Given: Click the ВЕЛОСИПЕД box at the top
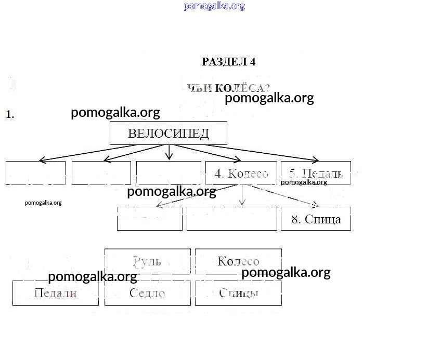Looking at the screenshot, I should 168,133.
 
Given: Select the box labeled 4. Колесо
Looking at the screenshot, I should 241,174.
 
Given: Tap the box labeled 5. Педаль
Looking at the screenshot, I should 316,174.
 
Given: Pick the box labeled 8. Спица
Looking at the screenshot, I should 316,219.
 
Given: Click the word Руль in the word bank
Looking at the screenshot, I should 148,261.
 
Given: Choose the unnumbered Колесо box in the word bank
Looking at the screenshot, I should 238,261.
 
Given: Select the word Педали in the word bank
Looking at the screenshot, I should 55,293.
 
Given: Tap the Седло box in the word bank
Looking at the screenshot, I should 148,293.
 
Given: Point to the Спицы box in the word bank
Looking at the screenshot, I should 238,293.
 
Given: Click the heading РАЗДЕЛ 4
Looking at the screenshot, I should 228,62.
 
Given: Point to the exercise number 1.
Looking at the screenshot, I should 10,115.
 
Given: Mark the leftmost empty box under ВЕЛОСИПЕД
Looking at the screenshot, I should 35,173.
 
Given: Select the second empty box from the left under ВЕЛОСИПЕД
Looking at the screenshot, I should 101,173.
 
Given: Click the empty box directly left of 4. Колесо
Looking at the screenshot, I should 168,173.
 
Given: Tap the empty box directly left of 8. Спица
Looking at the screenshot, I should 231,219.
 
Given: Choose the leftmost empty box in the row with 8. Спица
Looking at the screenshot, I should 149,219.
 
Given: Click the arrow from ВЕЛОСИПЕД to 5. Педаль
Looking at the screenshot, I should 250,153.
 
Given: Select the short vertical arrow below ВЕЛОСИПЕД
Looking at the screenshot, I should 169,152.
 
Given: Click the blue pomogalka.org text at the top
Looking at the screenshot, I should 214,6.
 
